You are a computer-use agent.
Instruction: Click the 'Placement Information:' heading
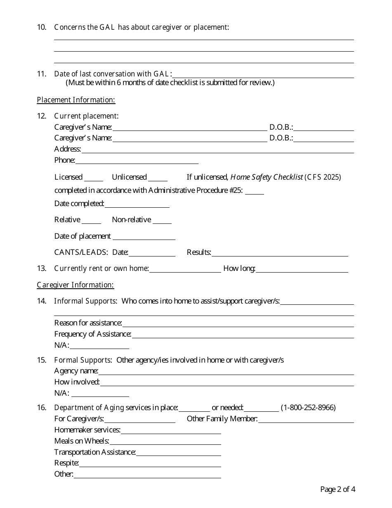click(76, 100)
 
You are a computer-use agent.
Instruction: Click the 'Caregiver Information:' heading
click(75, 285)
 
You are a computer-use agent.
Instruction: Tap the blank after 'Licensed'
click(94, 178)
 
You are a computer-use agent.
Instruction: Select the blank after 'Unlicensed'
click(158, 178)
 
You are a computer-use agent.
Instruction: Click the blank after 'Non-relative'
click(162, 221)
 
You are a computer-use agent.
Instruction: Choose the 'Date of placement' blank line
click(144, 237)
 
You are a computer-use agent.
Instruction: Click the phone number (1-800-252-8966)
click(308, 408)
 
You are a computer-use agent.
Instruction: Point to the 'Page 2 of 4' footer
click(338, 489)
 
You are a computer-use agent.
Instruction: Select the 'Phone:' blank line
click(137, 161)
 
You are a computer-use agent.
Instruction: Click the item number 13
click(41, 268)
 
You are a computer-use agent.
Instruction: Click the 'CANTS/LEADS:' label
click(81, 252)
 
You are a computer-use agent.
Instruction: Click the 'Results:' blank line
click(280, 254)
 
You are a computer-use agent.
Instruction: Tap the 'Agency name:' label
click(76, 371)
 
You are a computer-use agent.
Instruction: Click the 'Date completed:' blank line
click(137, 205)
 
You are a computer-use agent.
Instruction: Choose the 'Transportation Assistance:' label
click(95, 452)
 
